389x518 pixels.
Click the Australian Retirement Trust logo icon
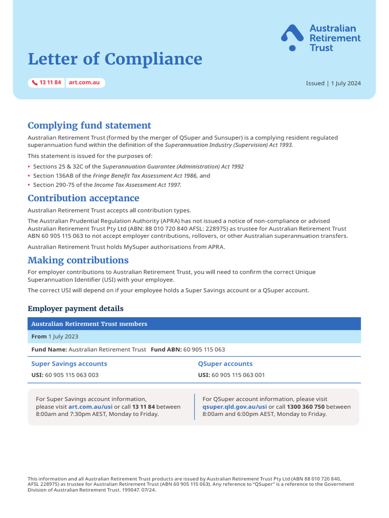point(292,38)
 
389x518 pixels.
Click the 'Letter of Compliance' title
point(114,59)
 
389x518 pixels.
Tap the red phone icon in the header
point(34,82)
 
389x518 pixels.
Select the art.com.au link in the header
point(84,82)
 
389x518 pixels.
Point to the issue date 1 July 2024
point(346,83)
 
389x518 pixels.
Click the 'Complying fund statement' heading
point(89,125)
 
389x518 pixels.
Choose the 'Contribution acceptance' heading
point(83,198)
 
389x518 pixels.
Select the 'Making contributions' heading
point(78,260)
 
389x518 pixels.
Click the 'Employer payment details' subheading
point(75,309)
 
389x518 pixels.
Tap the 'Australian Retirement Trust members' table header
point(89,324)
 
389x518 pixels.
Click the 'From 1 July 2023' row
point(55,336)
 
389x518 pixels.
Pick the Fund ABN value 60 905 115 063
point(204,350)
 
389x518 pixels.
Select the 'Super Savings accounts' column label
point(69,364)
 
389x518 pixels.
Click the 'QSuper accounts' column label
point(225,364)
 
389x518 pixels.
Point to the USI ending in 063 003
point(71,375)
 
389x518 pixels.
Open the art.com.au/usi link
point(90,407)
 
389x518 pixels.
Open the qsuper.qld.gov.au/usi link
point(235,407)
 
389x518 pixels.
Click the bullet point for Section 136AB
point(29,176)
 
